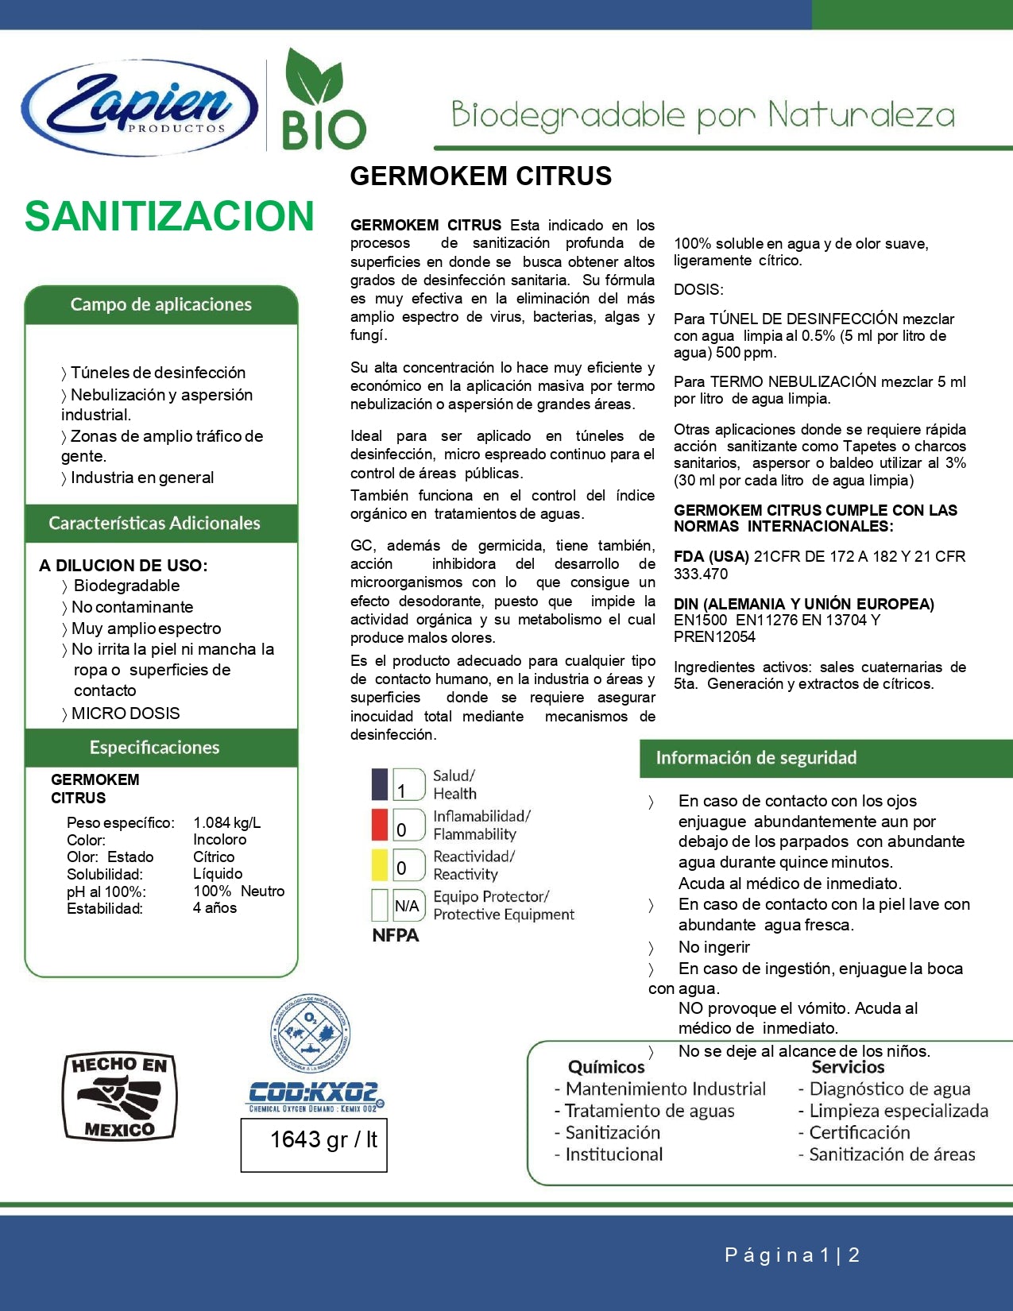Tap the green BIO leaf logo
click(324, 101)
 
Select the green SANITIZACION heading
click(169, 216)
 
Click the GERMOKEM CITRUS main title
click(481, 176)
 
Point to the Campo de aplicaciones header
click(161, 304)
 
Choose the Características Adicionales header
click(155, 523)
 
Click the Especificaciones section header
click(155, 747)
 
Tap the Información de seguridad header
click(756, 757)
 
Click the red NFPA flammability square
click(380, 825)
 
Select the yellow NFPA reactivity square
click(380, 864)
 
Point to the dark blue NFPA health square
click(380, 784)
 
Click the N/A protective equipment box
click(408, 905)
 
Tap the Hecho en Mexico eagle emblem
click(119, 1096)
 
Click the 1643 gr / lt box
click(314, 1144)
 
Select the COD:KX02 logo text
click(315, 1092)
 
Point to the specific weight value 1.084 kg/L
click(227, 822)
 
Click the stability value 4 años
click(215, 907)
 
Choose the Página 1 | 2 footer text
click(792, 1255)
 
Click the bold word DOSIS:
click(698, 289)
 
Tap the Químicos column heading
click(606, 1067)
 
